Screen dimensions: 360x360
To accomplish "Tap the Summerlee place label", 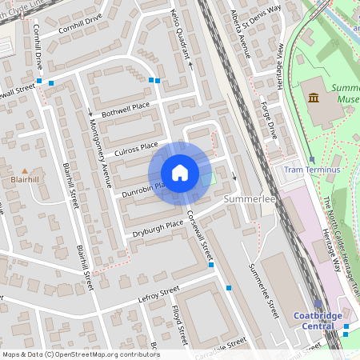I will click(x=250, y=198).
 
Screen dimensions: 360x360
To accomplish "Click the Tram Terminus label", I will click(x=312, y=170).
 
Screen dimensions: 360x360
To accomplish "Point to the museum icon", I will click(x=314, y=98).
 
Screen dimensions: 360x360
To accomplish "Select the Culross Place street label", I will click(x=137, y=146).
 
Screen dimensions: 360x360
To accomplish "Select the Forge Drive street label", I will click(x=268, y=119).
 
